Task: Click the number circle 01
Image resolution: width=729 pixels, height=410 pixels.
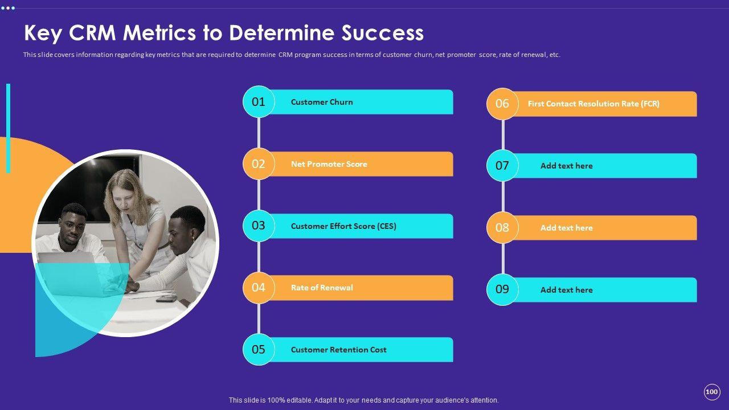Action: [x=259, y=102]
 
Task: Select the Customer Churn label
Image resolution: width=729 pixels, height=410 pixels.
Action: [x=322, y=102]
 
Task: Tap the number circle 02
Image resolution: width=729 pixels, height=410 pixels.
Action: [x=259, y=164]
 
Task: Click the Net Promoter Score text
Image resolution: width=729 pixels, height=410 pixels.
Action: [x=329, y=164]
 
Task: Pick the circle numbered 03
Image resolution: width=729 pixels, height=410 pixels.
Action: [x=259, y=225]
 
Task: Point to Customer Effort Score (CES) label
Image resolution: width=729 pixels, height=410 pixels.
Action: [x=343, y=226]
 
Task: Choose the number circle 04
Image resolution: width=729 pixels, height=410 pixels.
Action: [x=259, y=288]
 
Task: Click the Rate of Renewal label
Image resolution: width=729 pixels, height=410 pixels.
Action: [x=322, y=288]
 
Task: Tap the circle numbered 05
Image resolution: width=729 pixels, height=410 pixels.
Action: [x=259, y=350]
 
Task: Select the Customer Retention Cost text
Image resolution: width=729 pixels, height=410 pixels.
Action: [x=338, y=350]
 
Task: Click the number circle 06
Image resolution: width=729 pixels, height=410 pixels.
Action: [x=502, y=104]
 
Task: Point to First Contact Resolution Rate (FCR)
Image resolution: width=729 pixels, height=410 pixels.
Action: [x=593, y=104]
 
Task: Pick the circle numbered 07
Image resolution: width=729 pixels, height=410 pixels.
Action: [x=502, y=166]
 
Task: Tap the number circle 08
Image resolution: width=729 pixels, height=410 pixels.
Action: [x=502, y=228]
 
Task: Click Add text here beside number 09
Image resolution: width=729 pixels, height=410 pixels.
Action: [x=566, y=290]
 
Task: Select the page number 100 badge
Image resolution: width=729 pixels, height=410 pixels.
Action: [x=711, y=392]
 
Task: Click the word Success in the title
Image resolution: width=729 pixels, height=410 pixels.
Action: [x=383, y=33]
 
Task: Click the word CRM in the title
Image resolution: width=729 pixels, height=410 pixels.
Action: [x=93, y=33]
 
